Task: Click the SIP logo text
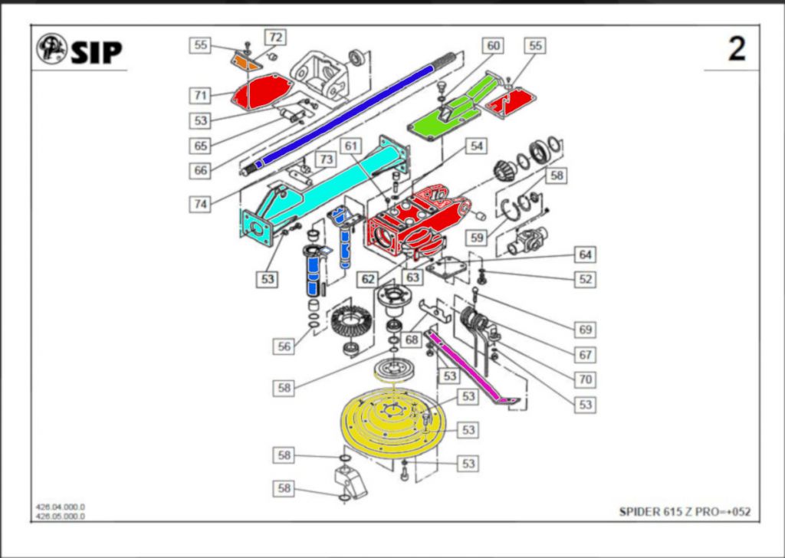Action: coord(96,51)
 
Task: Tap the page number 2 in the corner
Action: coord(736,50)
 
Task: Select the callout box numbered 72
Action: coord(274,37)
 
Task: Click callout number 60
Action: coord(493,46)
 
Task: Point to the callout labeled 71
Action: coord(201,95)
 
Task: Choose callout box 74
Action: coord(201,205)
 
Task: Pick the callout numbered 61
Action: coord(351,146)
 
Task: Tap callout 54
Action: coord(477,146)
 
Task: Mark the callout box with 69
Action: coord(585,329)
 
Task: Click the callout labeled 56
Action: coord(284,346)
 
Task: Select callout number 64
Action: coord(585,254)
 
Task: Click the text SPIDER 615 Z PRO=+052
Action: coord(685,511)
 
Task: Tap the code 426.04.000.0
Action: coord(61,507)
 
